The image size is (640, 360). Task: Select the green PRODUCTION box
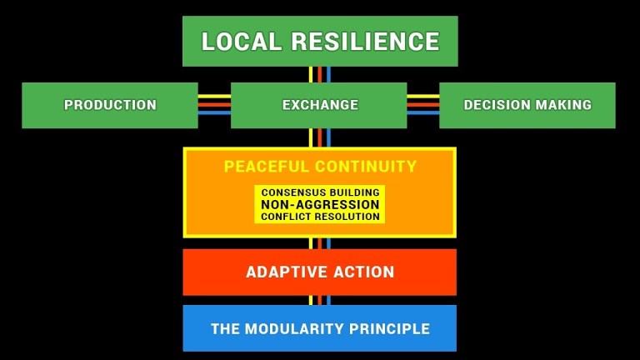click(x=110, y=105)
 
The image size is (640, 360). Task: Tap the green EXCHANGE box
click(x=320, y=105)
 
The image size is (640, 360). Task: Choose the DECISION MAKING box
click(x=527, y=105)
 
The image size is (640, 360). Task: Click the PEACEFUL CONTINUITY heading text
click(x=320, y=167)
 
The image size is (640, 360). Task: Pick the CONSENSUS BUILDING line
click(x=320, y=192)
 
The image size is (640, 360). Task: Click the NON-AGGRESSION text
click(x=320, y=204)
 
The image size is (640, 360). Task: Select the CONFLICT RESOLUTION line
click(x=320, y=217)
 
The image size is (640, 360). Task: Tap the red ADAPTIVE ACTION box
click(x=320, y=272)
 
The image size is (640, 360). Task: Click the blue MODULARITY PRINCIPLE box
click(x=320, y=328)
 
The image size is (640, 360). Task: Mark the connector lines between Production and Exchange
click(x=214, y=104)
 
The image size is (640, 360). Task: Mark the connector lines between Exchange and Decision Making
click(x=423, y=104)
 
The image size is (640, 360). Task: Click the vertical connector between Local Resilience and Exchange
click(x=320, y=74)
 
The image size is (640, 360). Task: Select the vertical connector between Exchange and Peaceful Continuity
click(x=320, y=137)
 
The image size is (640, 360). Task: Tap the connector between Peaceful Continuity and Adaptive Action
click(x=320, y=243)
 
